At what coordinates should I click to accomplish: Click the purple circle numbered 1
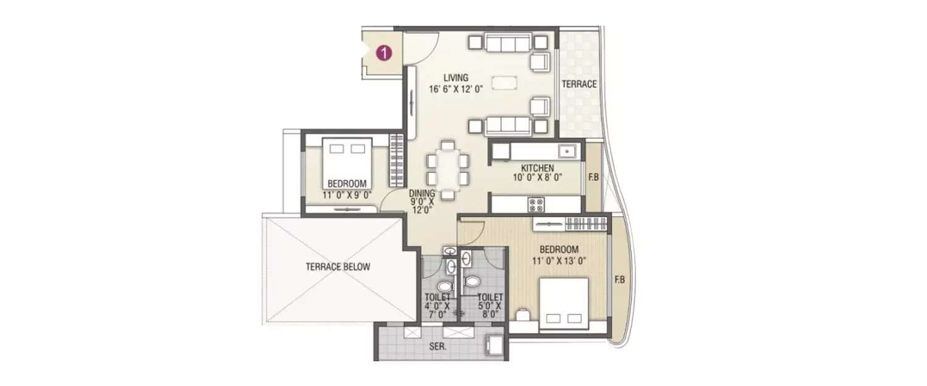point(384,53)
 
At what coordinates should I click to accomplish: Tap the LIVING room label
point(456,78)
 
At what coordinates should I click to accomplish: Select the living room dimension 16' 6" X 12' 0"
point(456,90)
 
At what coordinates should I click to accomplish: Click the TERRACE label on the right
point(579,84)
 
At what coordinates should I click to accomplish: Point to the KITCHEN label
point(537,168)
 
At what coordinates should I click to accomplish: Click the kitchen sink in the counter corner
point(567,151)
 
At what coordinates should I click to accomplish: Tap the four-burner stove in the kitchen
point(536,204)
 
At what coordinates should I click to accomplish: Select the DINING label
point(422,193)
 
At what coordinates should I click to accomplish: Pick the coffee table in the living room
point(504,83)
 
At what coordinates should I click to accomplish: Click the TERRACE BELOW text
point(337,267)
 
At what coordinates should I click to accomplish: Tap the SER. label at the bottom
point(438,346)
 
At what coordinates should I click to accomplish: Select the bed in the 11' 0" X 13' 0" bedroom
point(564,304)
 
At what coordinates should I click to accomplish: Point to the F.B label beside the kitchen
point(593,177)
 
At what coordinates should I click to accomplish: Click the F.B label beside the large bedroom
point(619,280)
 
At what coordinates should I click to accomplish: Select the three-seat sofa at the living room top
point(508,43)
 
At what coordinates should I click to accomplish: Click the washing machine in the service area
point(494,344)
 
